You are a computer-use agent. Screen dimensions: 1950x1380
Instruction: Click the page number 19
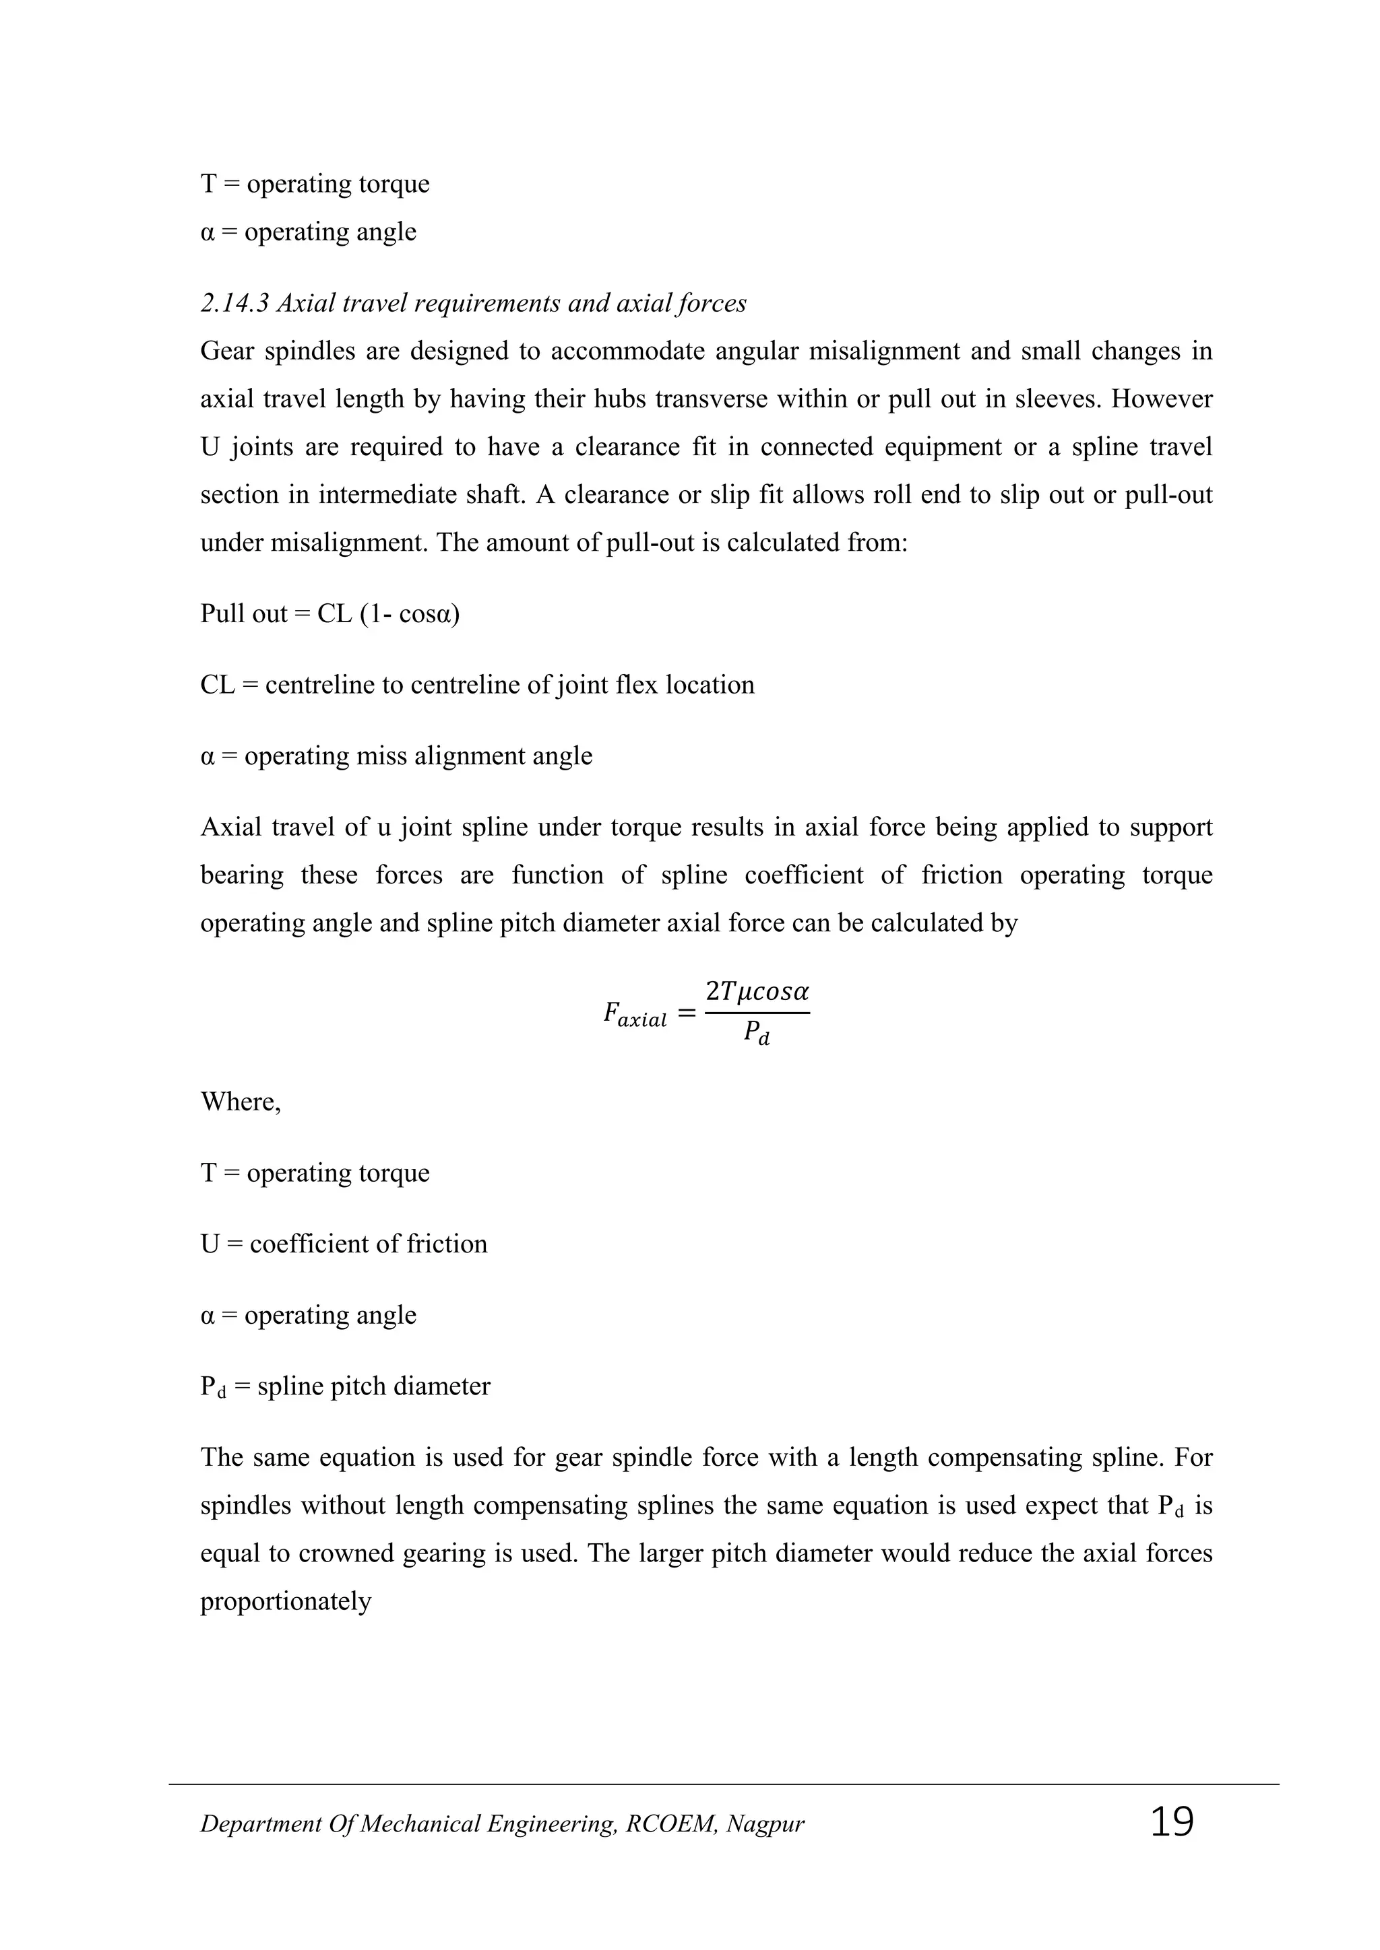click(x=1172, y=1823)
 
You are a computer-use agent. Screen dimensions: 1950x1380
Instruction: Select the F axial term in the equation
click(x=634, y=1014)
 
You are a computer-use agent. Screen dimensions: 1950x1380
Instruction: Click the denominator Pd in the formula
click(x=756, y=1034)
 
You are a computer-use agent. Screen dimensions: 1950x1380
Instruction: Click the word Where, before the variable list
click(x=241, y=1102)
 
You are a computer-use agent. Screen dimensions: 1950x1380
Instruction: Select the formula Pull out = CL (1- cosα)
click(x=330, y=613)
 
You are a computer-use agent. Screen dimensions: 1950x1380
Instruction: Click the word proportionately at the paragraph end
click(x=286, y=1602)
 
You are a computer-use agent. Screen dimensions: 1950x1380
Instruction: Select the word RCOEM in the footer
click(x=670, y=1824)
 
